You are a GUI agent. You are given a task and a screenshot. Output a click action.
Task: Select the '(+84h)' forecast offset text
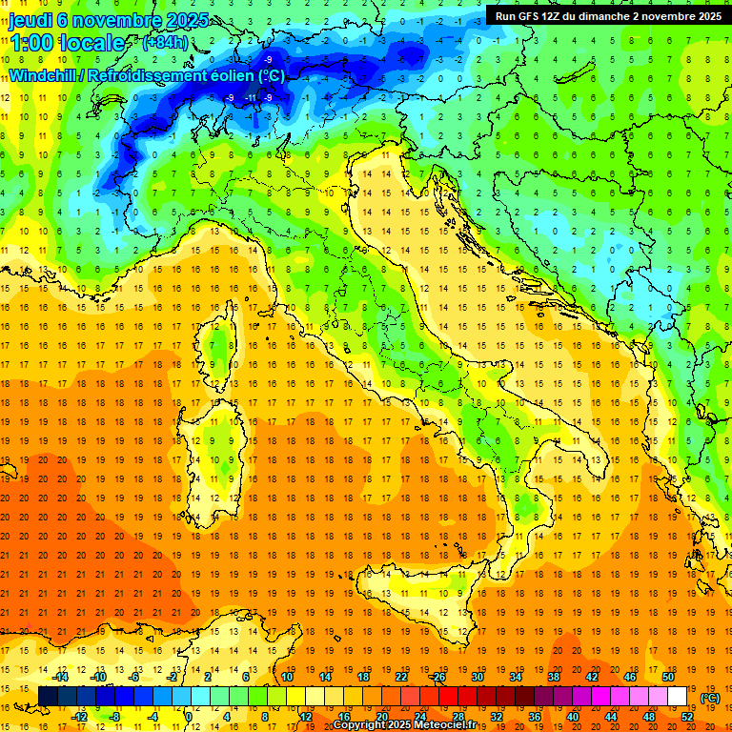coord(165,43)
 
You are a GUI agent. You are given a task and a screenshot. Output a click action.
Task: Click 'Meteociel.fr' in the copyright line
coord(451,725)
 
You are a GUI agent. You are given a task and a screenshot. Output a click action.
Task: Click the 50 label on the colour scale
coord(668,677)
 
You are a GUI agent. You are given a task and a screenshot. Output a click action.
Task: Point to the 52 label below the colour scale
coord(687,717)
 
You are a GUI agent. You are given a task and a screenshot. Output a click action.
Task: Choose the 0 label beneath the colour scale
coord(190,717)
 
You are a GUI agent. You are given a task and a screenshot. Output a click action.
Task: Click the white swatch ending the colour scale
coord(678,697)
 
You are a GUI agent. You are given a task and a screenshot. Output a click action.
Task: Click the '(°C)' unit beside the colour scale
coord(710,698)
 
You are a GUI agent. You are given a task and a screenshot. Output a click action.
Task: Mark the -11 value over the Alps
coord(250,97)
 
